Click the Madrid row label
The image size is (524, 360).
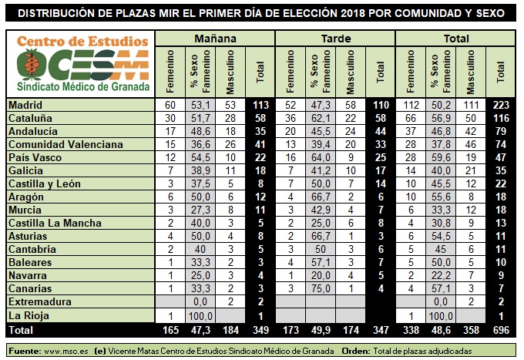25,106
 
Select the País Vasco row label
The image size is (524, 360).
35,157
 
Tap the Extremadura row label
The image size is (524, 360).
40,302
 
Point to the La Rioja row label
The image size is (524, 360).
29,315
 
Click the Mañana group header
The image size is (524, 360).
215,39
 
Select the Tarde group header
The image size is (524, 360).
336,39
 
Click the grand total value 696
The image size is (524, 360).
501,330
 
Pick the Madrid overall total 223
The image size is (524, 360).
501,106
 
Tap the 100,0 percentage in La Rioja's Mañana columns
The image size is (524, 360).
200,316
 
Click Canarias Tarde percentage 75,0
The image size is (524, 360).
321,288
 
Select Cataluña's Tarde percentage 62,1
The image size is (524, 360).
321,118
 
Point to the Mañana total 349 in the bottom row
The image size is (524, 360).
260,330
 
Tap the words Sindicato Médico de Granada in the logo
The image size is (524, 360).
83,87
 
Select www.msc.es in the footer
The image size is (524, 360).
66,352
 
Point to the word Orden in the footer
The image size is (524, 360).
356,352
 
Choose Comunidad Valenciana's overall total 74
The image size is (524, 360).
501,144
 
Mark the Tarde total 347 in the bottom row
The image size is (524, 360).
381,330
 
